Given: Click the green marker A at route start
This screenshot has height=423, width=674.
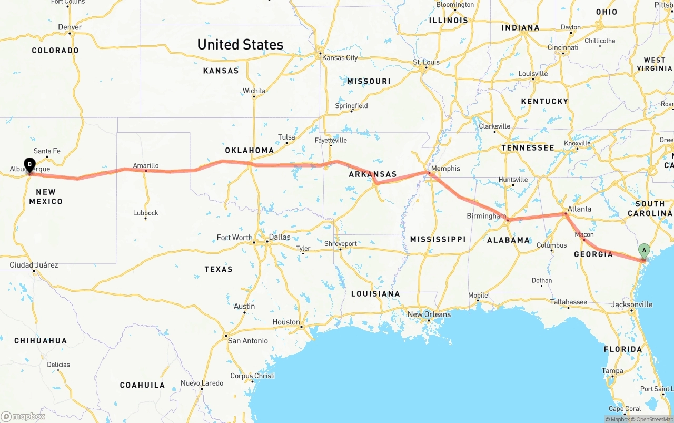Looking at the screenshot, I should point(643,251).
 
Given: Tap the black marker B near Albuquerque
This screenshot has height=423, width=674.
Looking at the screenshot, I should point(29,165).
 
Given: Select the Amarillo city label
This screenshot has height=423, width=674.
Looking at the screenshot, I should point(146,165).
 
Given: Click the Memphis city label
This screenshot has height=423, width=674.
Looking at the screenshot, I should point(445,169).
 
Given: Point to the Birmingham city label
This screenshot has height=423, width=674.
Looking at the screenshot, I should point(486,216).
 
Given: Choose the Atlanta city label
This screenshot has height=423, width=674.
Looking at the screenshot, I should point(579,209).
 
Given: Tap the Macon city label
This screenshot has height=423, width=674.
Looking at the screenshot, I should point(584,234).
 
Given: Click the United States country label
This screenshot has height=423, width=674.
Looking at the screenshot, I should point(240,45).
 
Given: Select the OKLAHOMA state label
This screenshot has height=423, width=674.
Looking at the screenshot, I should point(250,150).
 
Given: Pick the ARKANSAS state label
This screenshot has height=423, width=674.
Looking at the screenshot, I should point(372,174).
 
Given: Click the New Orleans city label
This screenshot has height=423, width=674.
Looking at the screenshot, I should point(429,314).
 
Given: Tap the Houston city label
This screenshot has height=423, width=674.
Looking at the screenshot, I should point(286,322).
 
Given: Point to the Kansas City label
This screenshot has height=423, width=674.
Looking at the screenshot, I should point(340,57).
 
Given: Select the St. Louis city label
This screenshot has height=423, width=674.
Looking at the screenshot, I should point(426,62).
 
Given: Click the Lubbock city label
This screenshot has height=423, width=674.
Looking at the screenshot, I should point(145,213).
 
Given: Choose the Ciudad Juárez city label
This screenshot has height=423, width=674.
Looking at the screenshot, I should point(34,265).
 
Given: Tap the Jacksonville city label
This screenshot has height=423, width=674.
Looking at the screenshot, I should point(631,304).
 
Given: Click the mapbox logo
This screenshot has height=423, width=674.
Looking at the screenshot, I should point(23,416).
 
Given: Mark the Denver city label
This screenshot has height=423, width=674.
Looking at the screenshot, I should point(70,27).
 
